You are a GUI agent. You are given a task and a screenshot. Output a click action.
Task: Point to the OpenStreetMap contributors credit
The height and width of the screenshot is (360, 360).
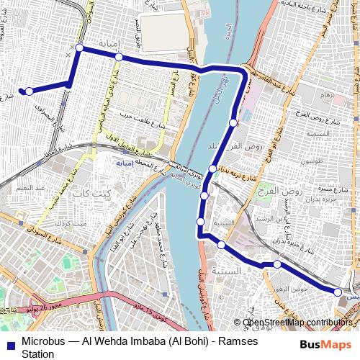click(297, 322)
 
